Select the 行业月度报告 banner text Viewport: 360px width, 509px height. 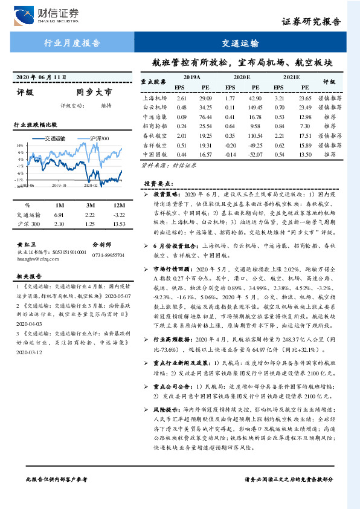click(x=72, y=44)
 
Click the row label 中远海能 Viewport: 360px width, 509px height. click(x=154, y=117)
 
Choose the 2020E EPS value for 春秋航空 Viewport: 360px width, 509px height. click(x=230, y=136)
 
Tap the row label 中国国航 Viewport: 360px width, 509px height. click(x=154, y=155)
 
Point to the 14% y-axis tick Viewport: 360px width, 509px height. click(x=19, y=146)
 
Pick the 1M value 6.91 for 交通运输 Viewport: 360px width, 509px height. click(x=59, y=215)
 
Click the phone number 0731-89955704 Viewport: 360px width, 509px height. click(x=109, y=256)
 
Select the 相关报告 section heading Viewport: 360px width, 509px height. click(x=29, y=276)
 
